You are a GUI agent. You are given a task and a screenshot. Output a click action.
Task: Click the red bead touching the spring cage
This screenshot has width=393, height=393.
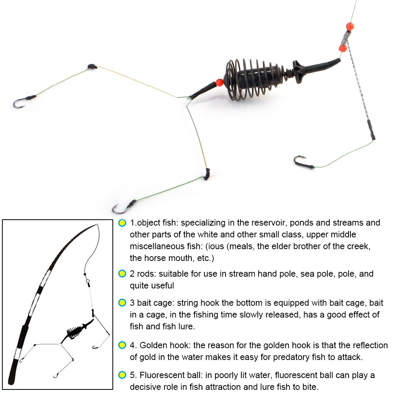219,83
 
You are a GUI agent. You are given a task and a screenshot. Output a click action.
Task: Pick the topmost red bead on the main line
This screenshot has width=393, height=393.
349,26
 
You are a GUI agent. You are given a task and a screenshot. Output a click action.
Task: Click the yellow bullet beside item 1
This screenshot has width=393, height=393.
122,223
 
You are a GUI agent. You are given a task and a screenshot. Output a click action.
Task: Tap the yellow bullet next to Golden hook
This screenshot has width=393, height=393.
122,345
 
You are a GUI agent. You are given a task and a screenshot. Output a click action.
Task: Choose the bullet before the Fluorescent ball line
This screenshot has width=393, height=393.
122,376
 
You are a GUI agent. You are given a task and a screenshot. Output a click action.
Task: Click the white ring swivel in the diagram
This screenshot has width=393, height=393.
88,281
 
